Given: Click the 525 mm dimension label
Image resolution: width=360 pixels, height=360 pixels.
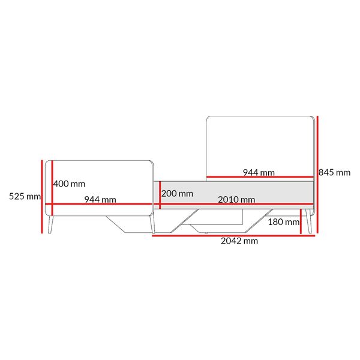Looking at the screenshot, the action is (25, 197).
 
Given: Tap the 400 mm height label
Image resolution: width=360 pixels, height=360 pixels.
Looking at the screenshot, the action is (69, 184).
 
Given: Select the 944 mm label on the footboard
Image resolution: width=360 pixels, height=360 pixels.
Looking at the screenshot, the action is (100, 200).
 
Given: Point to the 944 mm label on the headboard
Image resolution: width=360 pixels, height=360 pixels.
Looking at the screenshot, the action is (259, 173).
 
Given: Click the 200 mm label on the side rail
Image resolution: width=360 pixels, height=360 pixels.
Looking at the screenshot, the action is (177, 194).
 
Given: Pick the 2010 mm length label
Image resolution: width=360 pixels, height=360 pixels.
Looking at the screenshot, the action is (236, 200).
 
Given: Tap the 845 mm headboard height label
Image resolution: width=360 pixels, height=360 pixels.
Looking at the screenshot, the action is (334, 173).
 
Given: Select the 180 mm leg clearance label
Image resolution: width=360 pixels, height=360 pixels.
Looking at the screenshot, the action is (284, 222).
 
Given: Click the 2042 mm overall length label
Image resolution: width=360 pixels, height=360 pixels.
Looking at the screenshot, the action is (239, 241).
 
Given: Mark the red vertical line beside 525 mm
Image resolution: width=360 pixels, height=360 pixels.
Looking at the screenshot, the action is (42, 197).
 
